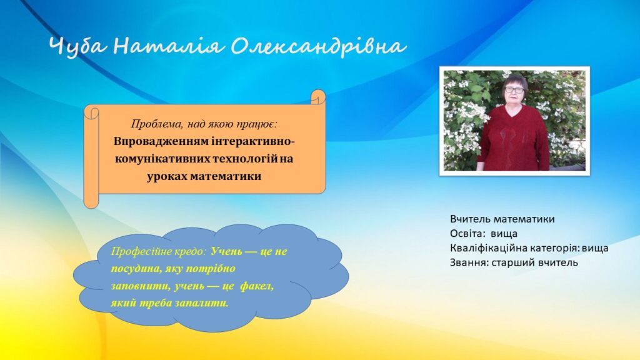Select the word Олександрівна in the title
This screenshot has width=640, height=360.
point(318,46)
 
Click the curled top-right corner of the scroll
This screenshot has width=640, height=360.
point(318,97)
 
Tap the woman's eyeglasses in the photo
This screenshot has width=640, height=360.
point(514,89)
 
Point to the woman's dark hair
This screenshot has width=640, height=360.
point(515,79)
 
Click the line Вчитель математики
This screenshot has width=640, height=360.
point(502,219)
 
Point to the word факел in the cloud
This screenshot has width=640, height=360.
point(257,286)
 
